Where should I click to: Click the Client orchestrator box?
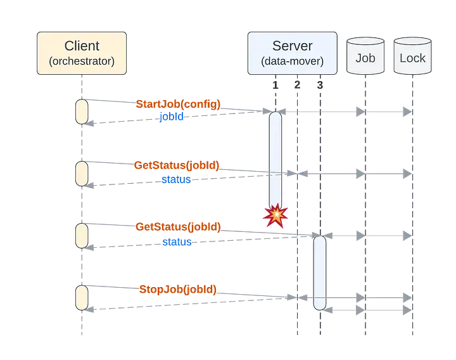81,53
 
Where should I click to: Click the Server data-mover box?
292,53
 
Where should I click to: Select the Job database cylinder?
365,56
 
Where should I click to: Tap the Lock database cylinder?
413,56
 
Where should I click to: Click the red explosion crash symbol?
275,216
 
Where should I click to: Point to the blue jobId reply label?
172,117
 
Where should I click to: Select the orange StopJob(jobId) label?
178,290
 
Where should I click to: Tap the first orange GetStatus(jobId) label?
177,166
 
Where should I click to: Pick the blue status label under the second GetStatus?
177,241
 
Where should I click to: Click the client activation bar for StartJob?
82,112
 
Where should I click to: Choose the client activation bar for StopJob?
82,297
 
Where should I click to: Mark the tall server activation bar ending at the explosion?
275,158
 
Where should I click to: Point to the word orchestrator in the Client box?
81,61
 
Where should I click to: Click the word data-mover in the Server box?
292,61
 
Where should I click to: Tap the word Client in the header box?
81,46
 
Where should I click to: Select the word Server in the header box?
292,46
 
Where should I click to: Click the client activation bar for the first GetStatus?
82,173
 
